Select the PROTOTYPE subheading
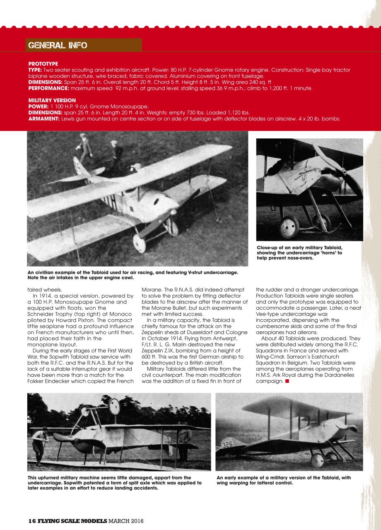coord(43,64)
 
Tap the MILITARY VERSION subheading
coord(52,100)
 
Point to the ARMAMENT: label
coord(44,119)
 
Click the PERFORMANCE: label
coord(48,88)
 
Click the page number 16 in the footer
coord(32,520)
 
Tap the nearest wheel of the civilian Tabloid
coord(139,243)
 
